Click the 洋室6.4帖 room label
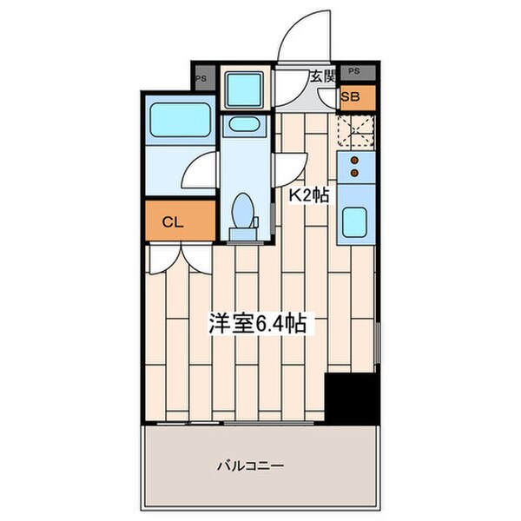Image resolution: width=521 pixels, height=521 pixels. click(254, 325)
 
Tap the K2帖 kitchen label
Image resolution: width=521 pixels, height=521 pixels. click(308, 196)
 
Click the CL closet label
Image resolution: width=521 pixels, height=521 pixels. click(173, 221)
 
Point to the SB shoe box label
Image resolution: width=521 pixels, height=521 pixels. click(353, 97)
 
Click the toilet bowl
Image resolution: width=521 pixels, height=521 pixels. click(244, 213)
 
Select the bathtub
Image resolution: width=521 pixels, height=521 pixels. click(181, 120)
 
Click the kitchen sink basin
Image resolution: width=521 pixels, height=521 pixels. click(353, 224)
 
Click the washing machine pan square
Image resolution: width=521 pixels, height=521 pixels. click(243, 89)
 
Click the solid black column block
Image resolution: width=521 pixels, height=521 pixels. click(351, 399)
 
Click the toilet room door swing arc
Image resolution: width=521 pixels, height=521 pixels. click(292, 165)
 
